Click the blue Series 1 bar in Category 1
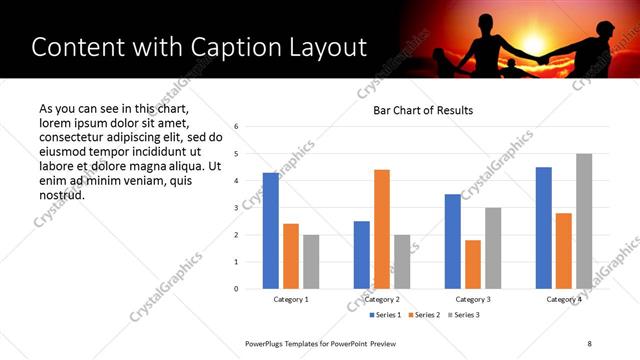[271, 231]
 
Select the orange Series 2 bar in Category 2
[382, 229]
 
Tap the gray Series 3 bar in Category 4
[584, 221]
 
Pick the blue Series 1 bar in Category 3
[453, 241]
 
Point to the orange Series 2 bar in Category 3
[473, 264]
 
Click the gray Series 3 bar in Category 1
[311, 262]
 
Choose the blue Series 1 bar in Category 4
[544, 228]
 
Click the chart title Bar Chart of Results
[423, 110]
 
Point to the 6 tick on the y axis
[236, 127]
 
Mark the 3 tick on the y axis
[236, 208]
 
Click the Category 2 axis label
[382, 299]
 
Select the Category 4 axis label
[564, 299]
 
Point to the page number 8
[590, 343]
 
